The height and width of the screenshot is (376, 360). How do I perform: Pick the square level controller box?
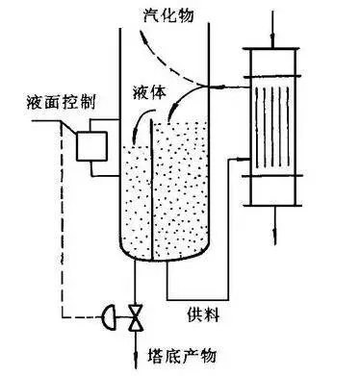point(91,146)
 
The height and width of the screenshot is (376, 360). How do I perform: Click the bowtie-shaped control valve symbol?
point(136,313)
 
